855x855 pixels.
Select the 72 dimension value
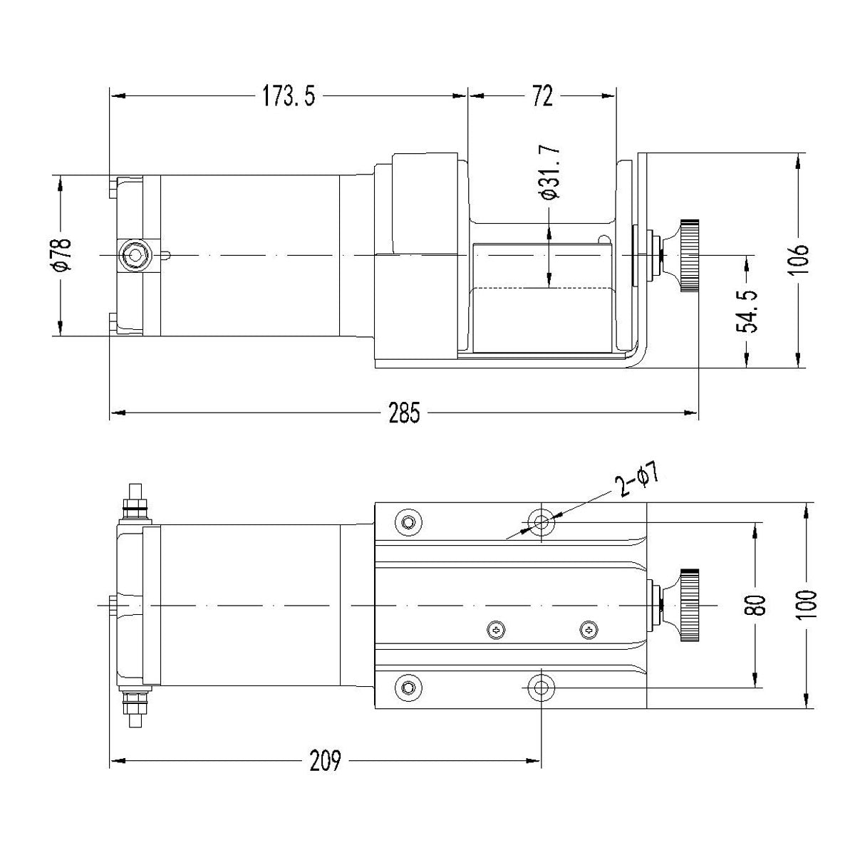542,95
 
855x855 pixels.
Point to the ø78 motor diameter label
61,254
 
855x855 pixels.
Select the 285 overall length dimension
404,413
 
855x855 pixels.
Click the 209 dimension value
324,762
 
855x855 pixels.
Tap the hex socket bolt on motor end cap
133,255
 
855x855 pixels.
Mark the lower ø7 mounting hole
541,688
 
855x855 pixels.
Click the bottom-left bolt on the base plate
408,688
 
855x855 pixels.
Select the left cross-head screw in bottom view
497,629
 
